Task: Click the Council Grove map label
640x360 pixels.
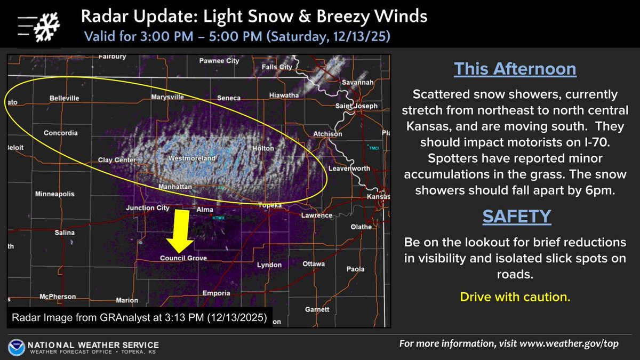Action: (183, 259)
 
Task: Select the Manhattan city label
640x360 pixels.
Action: (176, 187)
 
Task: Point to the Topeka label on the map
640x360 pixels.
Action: (269, 205)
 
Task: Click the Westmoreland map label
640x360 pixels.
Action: (191, 159)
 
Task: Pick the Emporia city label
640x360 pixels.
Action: (217, 293)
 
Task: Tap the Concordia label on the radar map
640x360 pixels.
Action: (60, 133)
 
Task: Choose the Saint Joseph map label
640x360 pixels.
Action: (356, 106)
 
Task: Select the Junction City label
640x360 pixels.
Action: (148, 208)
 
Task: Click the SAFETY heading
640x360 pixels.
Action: (516, 216)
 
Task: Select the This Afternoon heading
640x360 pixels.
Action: (515, 69)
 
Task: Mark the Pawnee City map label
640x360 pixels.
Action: (219, 61)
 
